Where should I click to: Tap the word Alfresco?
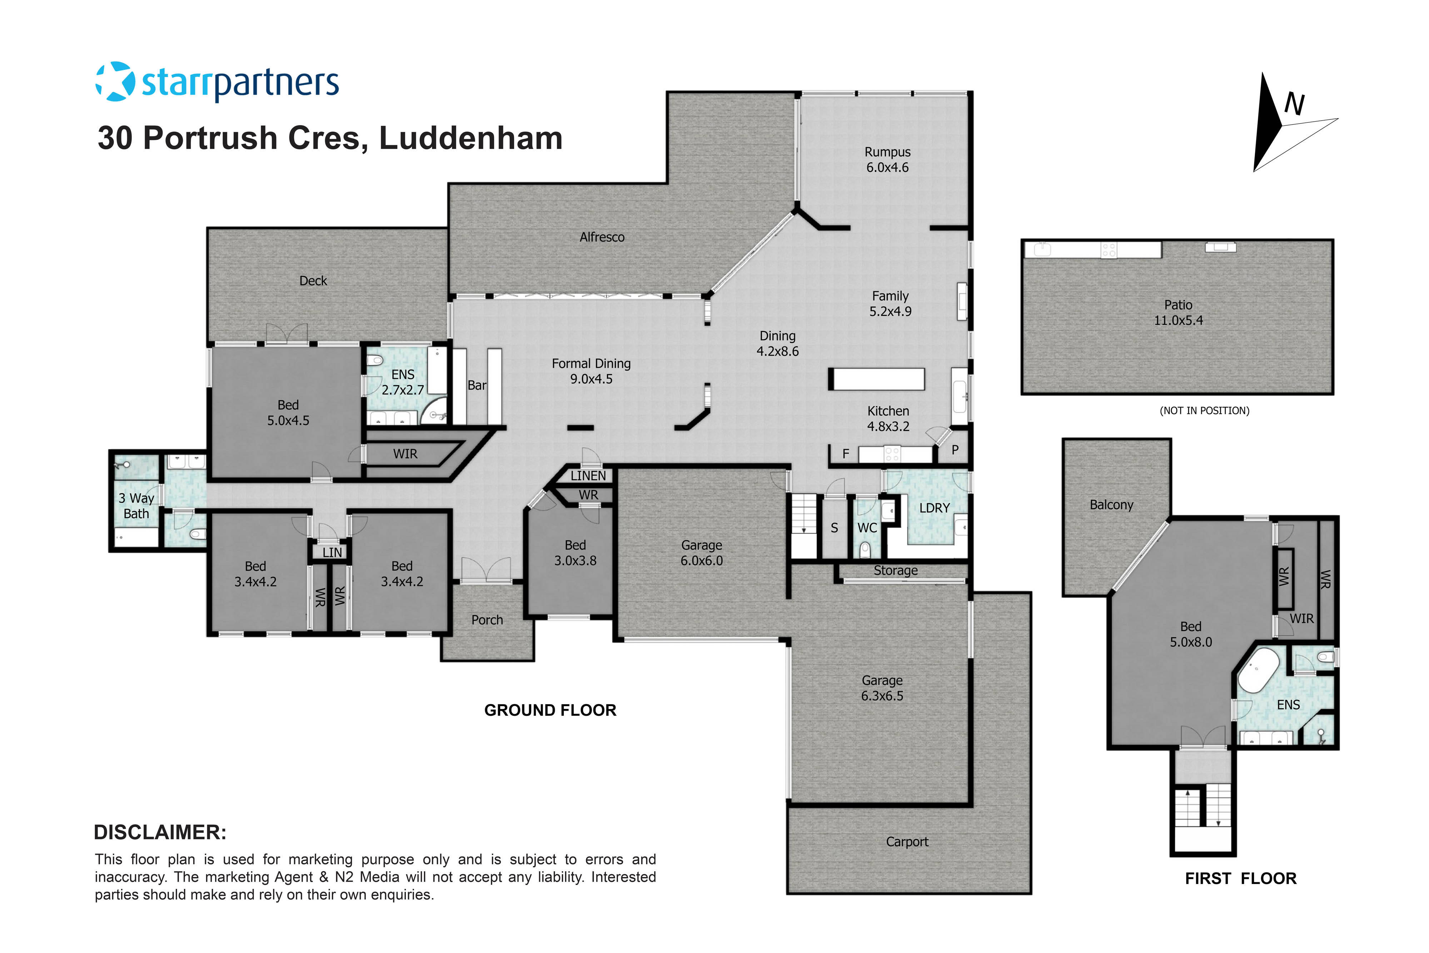[x=602, y=237]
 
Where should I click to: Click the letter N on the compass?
[x=1294, y=105]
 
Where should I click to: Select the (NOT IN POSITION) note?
[x=1204, y=411]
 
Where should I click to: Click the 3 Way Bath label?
[x=136, y=506]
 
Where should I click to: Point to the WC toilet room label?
[x=867, y=527]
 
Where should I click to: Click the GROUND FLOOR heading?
[x=550, y=710]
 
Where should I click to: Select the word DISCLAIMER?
[x=160, y=832]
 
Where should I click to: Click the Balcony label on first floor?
[x=1111, y=505]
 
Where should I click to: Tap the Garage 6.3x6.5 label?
[x=882, y=688]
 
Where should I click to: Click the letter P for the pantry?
[x=955, y=450]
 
